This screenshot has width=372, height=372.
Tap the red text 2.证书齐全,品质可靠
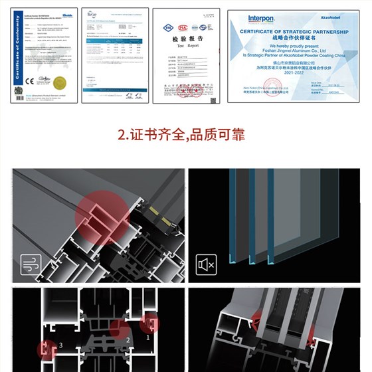[181, 135]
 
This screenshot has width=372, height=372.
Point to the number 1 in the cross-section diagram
[148, 336]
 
